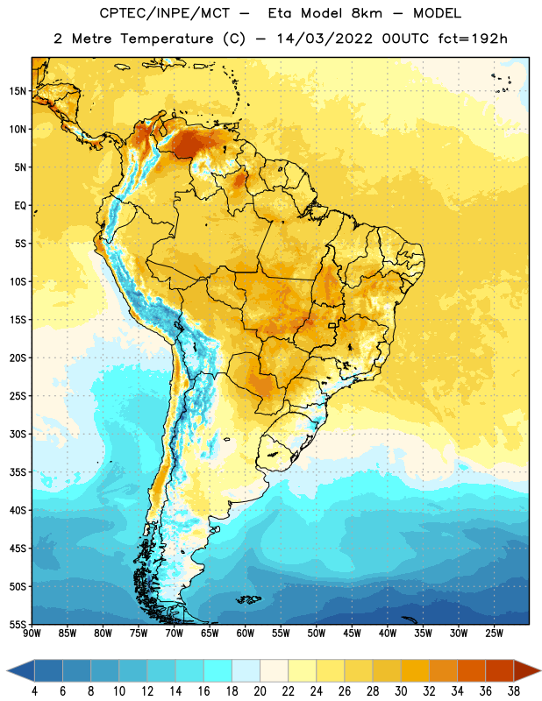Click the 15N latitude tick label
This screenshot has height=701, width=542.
(x=18, y=91)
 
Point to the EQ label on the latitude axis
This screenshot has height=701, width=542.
(x=20, y=206)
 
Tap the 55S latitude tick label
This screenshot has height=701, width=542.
(x=18, y=624)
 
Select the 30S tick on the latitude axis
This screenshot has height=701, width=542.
(x=18, y=434)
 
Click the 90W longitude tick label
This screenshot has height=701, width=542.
(x=32, y=633)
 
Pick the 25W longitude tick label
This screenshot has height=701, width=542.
(x=494, y=633)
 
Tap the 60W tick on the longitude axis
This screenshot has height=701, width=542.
(x=246, y=633)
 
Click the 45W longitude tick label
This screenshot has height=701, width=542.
(x=353, y=633)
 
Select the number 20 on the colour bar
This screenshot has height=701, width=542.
(x=260, y=691)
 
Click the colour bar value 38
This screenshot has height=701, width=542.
(x=514, y=691)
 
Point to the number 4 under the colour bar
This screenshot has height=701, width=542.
(x=34, y=691)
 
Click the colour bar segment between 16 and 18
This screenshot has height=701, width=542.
(x=218, y=670)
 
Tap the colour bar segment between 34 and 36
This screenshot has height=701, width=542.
(x=471, y=670)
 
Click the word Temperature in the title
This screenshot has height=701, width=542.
(x=167, y=39)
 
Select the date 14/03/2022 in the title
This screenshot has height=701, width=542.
(x=324, y=39)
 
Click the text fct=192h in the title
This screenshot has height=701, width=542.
(x=473, y=39)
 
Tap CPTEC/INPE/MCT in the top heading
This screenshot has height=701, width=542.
(x=164, y=13)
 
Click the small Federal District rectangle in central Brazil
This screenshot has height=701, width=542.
(x=332, y=325)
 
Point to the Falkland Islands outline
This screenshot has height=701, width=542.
(x=248, y=599)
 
